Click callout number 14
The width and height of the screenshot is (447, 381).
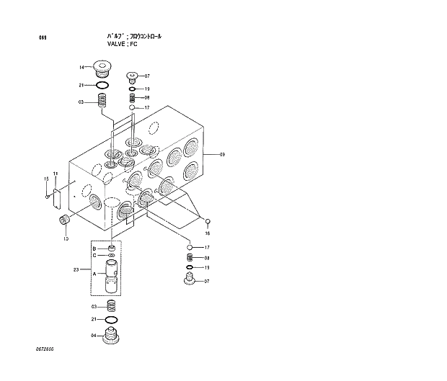tap(82, 68)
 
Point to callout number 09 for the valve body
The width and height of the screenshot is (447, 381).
tap(222, 155)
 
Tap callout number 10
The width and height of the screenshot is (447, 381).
tap(66, 238)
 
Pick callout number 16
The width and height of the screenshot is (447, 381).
tap(208, 233)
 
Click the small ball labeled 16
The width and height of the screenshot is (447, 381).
tap(208, 221)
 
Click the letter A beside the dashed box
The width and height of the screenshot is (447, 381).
tap(94, 274)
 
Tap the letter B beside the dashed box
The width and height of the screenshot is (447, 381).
tap(94, 248)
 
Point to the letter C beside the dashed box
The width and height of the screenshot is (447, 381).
tap(94, 256)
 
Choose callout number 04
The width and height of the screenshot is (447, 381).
tap(93, 336)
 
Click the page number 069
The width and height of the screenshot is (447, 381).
tap(34, 37)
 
